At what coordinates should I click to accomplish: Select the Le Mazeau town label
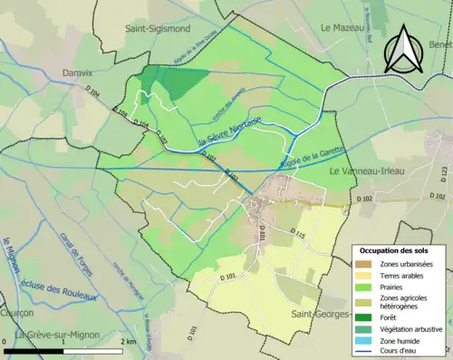point(342,28)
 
